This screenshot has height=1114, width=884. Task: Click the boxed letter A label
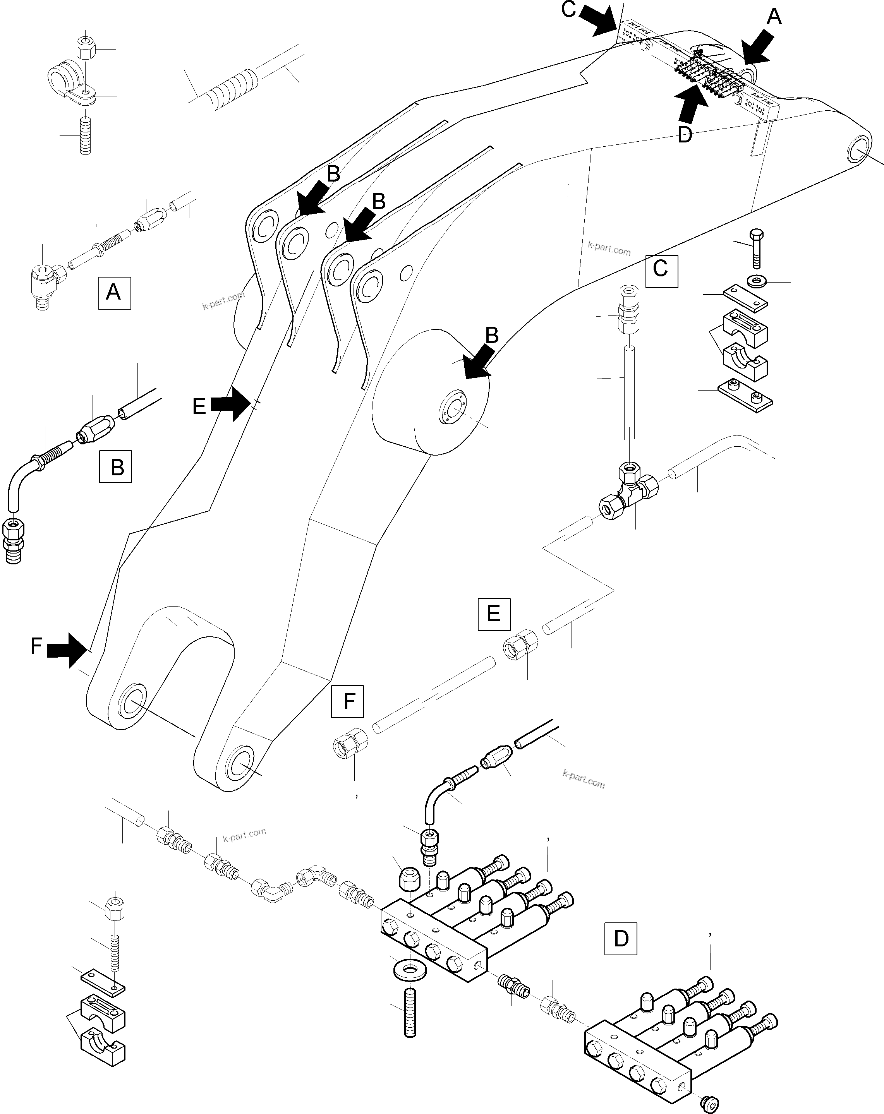[x=114, y=293]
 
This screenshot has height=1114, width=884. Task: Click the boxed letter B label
[x=115, y=466]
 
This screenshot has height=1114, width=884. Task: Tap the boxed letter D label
[x=620, y=938]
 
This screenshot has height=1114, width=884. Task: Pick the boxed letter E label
[x=494, y=614]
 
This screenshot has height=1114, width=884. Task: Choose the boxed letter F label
[x=347, y=701]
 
